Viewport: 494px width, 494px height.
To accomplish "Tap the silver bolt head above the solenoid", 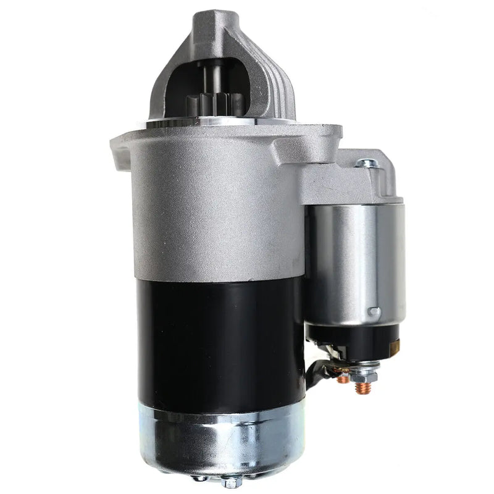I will (x=367, y=163).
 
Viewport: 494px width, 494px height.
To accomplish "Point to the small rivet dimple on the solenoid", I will (x=373, y=312).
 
